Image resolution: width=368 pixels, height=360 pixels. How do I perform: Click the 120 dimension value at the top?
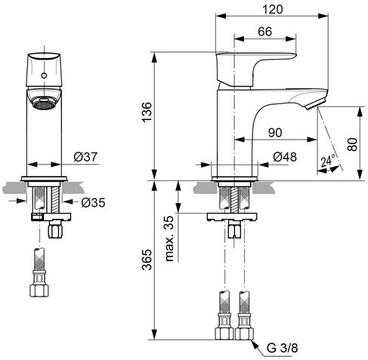(273, 10)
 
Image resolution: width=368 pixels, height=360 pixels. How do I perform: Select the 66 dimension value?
(264, 32)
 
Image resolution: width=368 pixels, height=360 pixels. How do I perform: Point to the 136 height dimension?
(147, 112)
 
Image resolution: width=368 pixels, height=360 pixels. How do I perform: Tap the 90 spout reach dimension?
(275, 133)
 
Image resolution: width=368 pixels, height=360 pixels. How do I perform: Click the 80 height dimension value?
(352, 144)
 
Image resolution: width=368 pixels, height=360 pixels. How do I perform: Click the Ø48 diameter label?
(285, 157)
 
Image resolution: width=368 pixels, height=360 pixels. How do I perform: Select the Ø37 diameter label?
(85, 157)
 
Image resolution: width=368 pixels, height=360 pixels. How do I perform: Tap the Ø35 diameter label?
(93, 202)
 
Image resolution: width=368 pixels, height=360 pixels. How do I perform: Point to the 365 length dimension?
(147, 260)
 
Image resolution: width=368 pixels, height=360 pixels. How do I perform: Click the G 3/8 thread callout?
(282, 348)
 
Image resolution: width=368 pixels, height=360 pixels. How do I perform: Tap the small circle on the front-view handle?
(44, 75)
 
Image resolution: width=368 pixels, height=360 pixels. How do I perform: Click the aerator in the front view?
(44, 103)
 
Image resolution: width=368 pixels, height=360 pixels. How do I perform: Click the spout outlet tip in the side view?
(315, 105)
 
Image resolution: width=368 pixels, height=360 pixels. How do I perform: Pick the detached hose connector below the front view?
(39, 272)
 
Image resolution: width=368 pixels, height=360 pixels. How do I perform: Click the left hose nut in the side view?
(224, 334)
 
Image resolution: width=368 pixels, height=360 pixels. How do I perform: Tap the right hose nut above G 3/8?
(244, 334)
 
